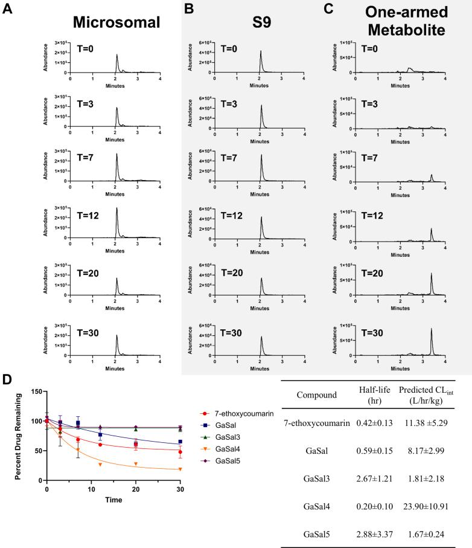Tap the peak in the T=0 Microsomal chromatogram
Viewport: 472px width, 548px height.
tap(116, 57)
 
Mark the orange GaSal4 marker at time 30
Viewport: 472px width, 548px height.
tap(180, 469)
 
